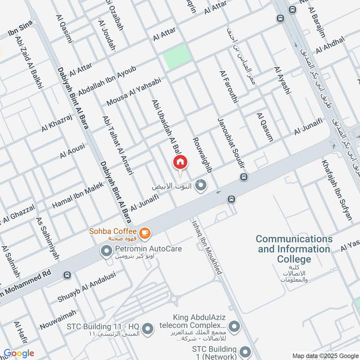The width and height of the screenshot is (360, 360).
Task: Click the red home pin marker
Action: [180, 162]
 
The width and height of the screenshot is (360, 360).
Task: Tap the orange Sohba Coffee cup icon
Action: [144, 232]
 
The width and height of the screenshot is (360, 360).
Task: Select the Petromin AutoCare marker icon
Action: [107, 251]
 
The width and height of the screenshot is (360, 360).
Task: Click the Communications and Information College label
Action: [294, 249]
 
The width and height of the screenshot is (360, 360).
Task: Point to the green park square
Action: [174, 57]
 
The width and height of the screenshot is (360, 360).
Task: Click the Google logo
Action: [19, 353]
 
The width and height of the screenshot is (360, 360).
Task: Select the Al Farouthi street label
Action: [228, 87]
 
